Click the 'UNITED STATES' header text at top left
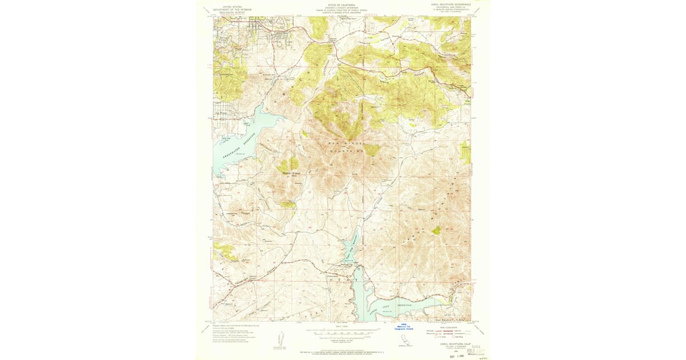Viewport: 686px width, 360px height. (232, 3)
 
